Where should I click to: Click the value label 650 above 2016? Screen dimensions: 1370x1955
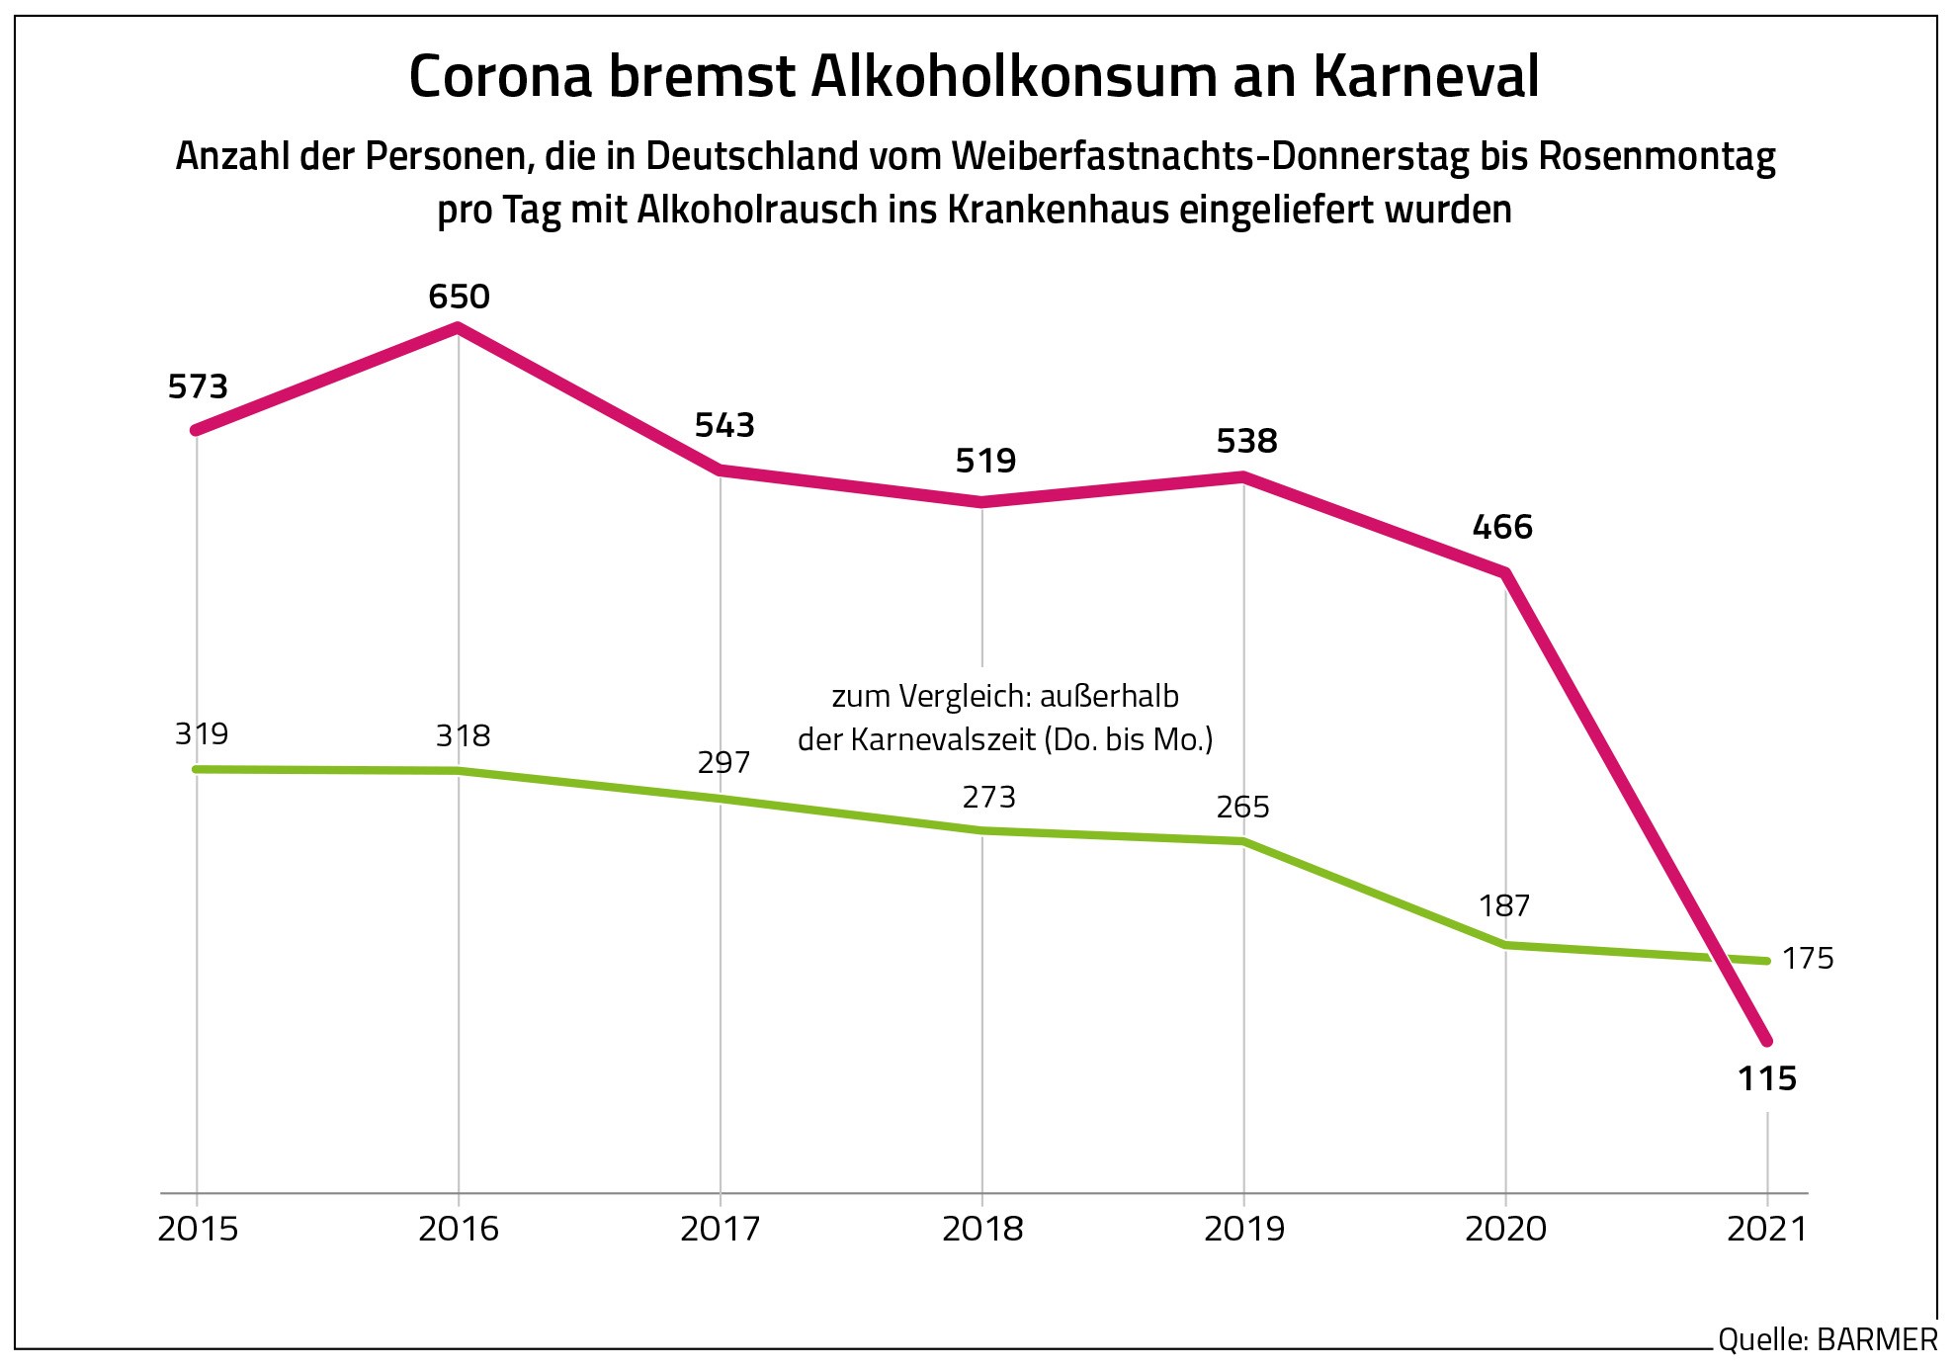coord(459,297)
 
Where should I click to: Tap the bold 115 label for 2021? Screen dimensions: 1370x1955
coord(1767,1078)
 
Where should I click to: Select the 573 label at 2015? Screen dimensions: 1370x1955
coord(198,386)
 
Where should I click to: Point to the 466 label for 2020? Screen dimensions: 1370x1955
coord(1502,527)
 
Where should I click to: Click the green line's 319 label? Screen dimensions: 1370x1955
coord(202,734)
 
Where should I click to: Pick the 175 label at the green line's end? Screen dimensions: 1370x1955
coord(1808,958)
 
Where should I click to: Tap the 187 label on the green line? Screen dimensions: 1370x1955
coord(1504,905)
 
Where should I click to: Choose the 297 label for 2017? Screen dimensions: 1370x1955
coord(723,762)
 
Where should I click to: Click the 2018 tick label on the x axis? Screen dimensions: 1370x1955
coord(982,1229)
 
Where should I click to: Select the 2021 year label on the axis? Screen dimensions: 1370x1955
coord(1767,1229)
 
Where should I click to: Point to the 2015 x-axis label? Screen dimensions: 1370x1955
coord(198,1229)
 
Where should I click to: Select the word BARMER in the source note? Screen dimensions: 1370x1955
coord(1877,1339)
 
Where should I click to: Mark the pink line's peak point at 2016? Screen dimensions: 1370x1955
coord(459,327)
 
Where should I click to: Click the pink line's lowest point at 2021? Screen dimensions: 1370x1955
coord(1767,1041)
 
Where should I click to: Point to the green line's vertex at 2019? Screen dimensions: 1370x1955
coord(1243,841)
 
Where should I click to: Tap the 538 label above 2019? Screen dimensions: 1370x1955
coord(1246,441)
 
